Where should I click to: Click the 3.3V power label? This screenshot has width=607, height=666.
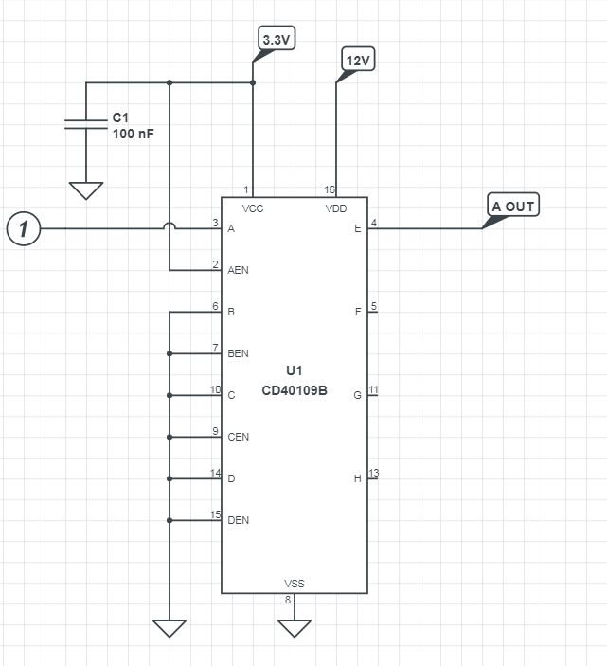[277, 39]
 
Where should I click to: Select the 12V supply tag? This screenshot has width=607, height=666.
[358, 60]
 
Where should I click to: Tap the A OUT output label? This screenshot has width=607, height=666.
[512, 206]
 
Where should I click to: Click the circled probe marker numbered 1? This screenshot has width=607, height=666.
[24, 228]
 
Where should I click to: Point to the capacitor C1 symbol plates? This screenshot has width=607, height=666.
[86, 124]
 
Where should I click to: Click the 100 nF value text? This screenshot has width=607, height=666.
[133, 134]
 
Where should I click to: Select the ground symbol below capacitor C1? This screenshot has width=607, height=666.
[86, 190]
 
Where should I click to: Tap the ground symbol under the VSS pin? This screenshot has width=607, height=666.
[295, 628]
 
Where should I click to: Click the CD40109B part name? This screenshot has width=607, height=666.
[295, 390]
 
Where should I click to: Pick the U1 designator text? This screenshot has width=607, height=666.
[295, 370]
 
